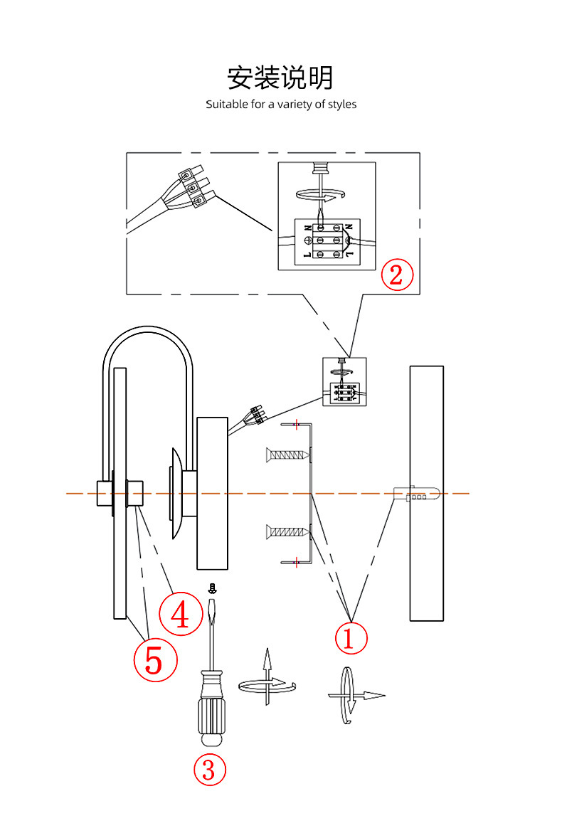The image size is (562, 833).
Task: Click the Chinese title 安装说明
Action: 280,78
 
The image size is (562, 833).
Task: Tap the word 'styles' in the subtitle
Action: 342,105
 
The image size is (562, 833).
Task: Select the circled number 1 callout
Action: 351,637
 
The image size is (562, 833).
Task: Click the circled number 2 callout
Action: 397,274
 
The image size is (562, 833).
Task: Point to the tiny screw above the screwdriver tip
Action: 212,588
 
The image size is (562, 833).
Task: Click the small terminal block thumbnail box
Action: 346,381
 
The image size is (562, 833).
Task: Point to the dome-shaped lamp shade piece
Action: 175,494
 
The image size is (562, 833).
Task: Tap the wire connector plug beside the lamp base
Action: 255,415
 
